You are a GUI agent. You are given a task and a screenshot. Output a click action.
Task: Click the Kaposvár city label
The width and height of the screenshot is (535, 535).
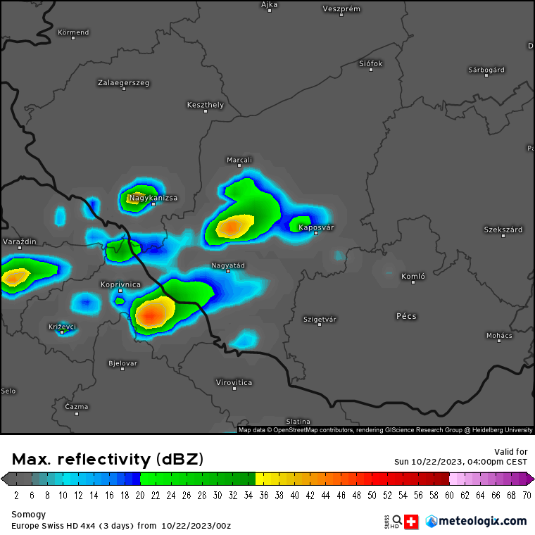coord(316,227)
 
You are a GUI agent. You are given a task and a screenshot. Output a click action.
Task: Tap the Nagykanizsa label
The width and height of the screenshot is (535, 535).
coord(153,198)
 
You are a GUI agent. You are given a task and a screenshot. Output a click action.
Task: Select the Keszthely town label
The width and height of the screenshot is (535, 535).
coord(206,105)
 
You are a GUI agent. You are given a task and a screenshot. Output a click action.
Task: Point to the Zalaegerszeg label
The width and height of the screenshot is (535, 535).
coord(123,82)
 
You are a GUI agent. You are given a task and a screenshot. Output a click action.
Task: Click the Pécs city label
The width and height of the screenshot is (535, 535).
coord(406,316)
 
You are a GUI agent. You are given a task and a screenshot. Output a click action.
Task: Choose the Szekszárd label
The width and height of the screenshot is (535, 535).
coord(503,229)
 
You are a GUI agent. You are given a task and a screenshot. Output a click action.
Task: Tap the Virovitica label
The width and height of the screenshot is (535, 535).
coord(234,382)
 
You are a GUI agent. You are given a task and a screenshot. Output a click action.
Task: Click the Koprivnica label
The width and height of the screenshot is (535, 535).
coord(120,284)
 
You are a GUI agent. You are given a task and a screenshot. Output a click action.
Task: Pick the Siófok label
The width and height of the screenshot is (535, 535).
coord(371,63)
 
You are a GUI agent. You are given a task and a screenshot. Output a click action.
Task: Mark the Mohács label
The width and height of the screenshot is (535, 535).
coord(499,335)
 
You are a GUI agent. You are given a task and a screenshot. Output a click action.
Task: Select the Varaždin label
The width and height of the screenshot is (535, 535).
coord(20,241)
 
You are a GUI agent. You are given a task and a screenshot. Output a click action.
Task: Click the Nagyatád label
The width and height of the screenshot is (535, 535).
coord(228,265)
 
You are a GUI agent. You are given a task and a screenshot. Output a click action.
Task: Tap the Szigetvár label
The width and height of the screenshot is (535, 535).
coord(320,319)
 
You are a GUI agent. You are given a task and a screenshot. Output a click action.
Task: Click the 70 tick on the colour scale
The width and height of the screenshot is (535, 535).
coord(527,495)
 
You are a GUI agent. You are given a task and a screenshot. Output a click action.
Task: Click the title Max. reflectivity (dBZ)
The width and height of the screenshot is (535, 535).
coord(108,460)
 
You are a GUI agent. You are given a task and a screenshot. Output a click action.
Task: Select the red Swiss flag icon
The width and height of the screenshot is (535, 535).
coord(411,522)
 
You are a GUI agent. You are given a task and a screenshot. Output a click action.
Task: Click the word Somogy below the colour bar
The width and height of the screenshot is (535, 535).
coord(27,515)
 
